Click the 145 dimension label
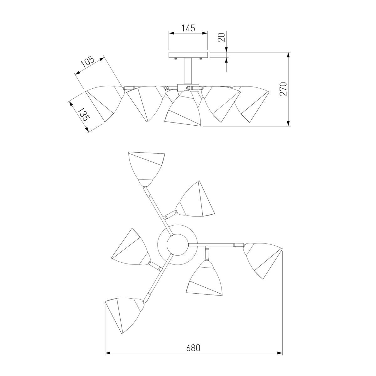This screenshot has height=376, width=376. (x=188, y=28)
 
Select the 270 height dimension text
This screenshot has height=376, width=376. (x=283, y=89)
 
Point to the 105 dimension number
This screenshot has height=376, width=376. (x=88, y=62)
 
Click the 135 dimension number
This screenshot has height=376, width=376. (x=84, y=114)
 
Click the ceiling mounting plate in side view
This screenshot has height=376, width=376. (x=188, y=55)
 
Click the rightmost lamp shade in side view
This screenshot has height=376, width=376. (x=252, y=103)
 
